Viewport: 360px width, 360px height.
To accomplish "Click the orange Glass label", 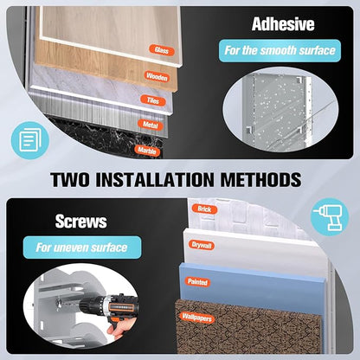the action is (x=162, y=50).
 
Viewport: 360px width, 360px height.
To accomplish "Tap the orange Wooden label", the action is (x=157, y=77).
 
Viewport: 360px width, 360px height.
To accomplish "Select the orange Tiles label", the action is (x=153, y=100).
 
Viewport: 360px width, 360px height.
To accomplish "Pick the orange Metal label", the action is (x=151, y=125).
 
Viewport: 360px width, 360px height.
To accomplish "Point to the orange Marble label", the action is (x=147, y=151).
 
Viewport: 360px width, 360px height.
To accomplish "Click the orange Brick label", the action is (x=204, y=209).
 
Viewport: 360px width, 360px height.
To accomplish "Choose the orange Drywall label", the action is (x=202, y=246).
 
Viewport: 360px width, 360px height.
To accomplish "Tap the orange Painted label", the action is (x=197, y=282).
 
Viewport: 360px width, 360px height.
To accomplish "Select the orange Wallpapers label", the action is (x=197, y=318).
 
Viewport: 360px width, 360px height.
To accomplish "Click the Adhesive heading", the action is (x=283, y=24).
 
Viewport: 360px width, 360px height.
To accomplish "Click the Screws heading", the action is (x=81, y=222).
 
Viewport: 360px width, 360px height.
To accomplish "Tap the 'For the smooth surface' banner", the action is (x=280, y=51).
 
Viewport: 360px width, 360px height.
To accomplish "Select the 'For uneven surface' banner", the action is (x=82, y=247).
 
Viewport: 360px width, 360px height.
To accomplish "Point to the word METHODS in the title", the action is (x=261, y=179).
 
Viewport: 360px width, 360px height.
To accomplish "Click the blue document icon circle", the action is (x=30, y=140).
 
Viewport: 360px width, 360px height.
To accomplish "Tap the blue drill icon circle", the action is (x=331, y=217).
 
